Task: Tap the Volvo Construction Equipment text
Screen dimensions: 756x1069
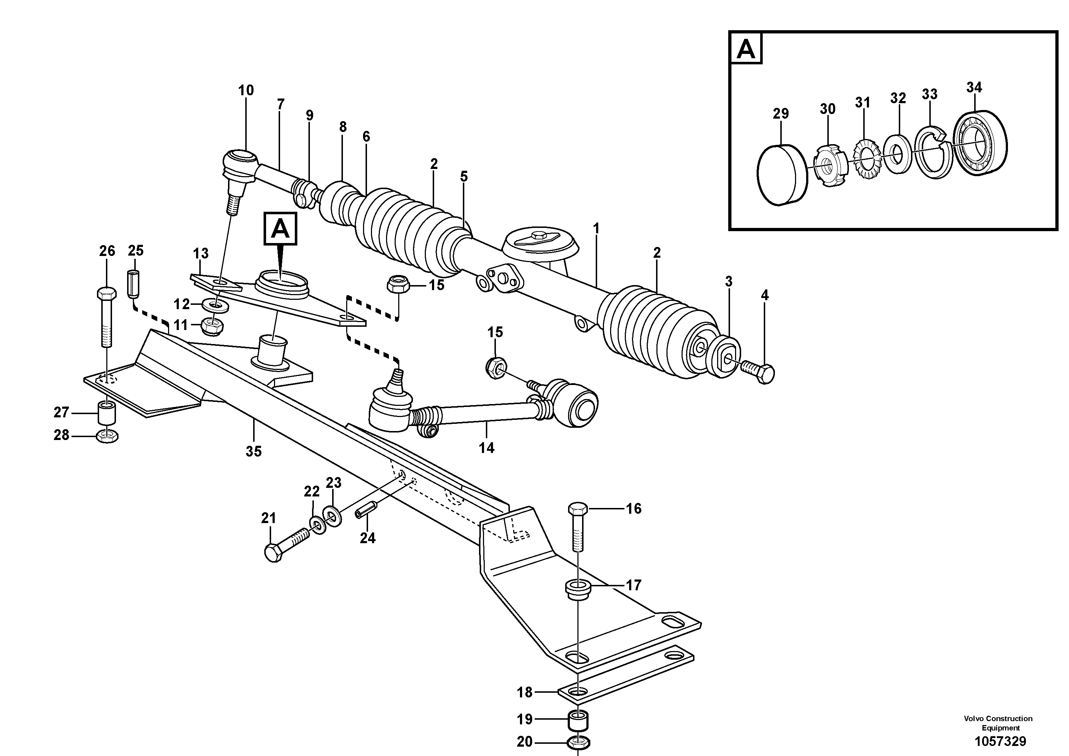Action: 998,723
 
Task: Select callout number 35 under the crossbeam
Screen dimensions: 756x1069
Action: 254,451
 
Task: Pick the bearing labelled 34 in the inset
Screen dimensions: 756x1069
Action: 980,143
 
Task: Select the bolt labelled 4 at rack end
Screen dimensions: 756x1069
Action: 758,371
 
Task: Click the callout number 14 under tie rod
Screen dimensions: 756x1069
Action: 487,448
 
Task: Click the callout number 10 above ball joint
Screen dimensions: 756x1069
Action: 246,91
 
